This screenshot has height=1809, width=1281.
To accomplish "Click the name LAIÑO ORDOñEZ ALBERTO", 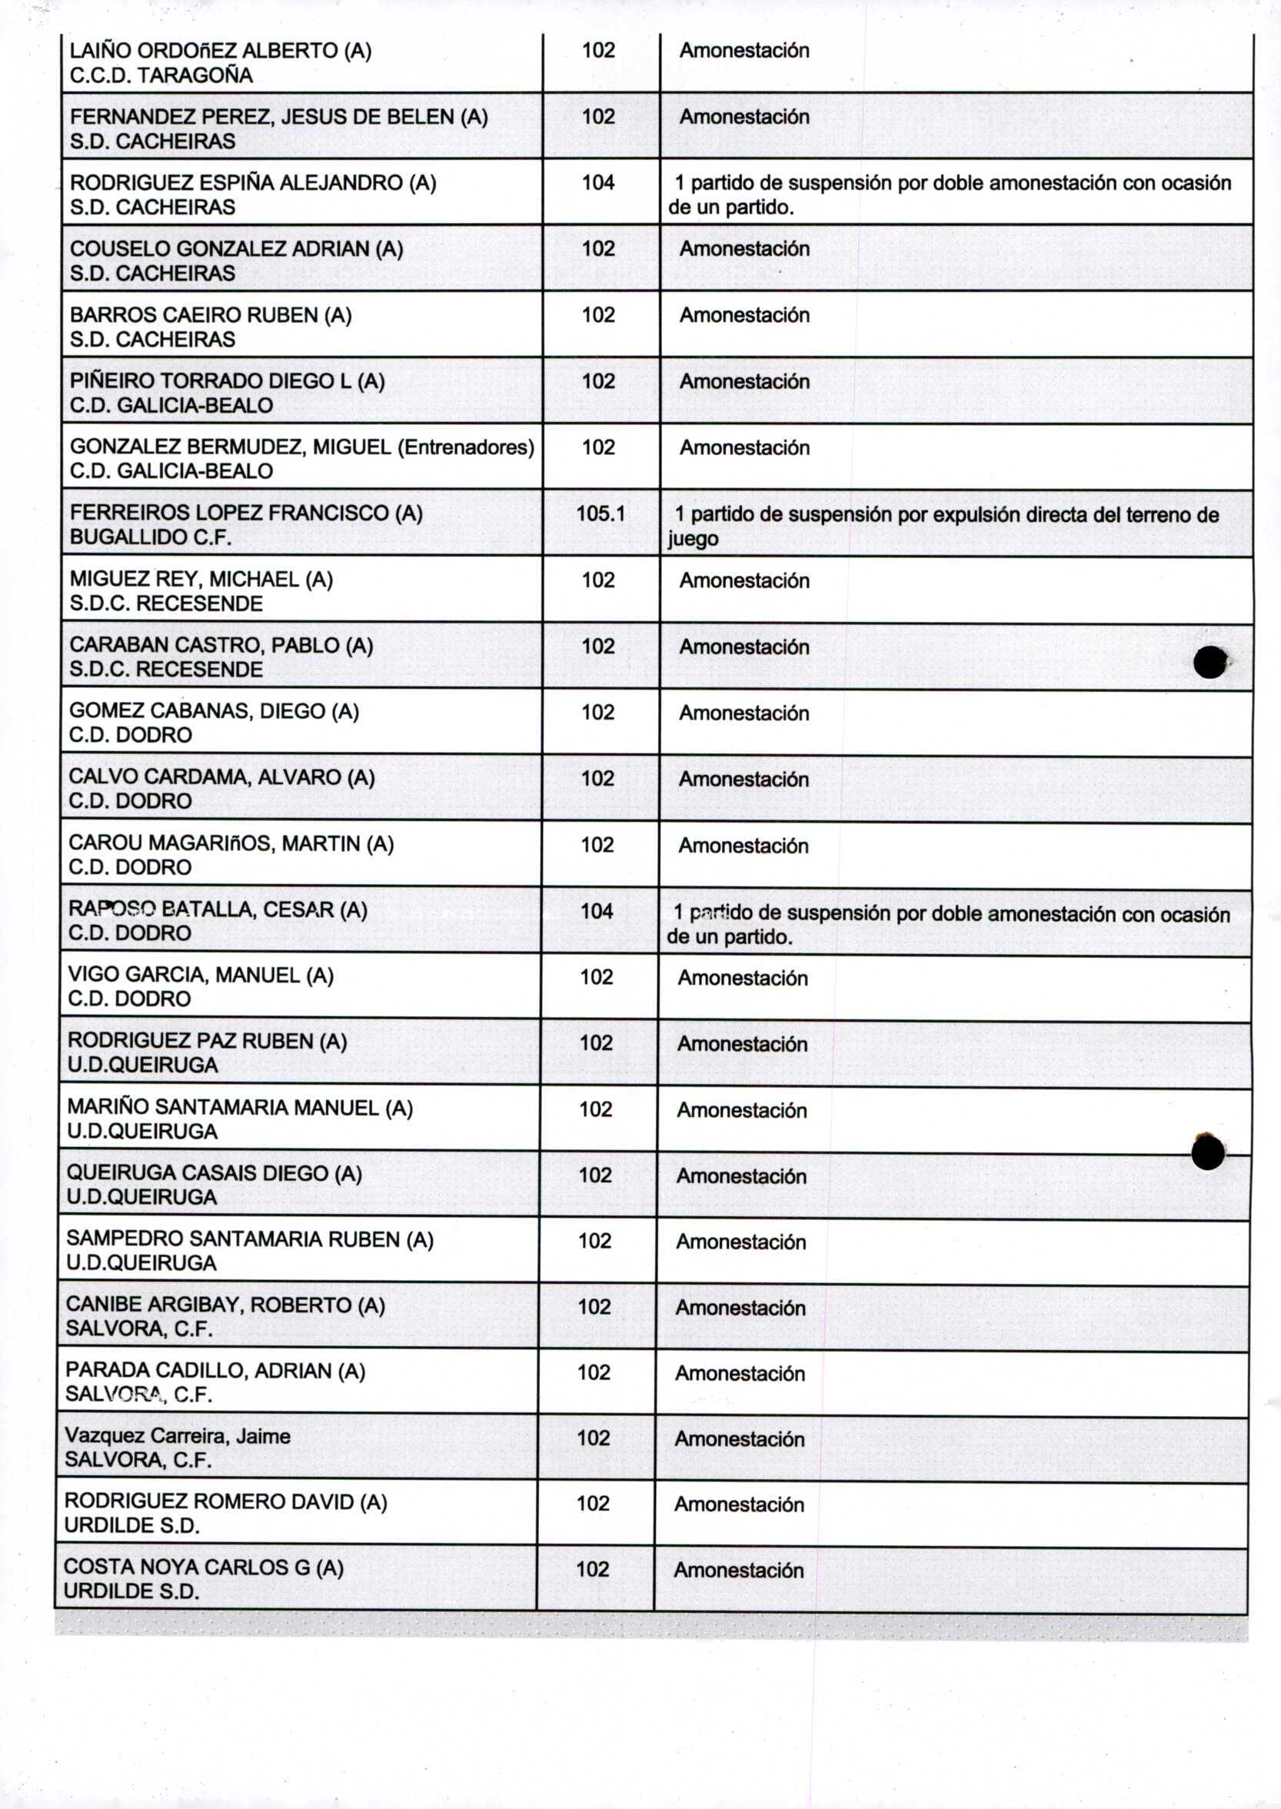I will click(x=220, y=51).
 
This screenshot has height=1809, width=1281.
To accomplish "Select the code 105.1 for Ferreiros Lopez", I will click(x=601, y=514).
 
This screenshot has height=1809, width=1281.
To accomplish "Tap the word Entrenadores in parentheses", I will click(x=465, y=447).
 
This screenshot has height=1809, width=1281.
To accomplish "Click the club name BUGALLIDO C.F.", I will click(x=151, y=538).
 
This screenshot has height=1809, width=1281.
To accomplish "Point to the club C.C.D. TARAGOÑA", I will click(x=161, y=75).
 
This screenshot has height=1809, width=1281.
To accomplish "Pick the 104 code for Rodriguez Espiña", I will click(x=598, y=183).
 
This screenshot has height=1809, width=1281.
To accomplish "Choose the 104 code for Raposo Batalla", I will click(x=597, y=912).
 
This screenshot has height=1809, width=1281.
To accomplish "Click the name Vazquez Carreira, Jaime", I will click(x=178, y=1436).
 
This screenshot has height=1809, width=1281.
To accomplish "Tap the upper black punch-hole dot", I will click(x=1209, y=663).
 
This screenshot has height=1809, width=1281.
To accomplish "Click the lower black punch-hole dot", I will click(x=1208, y=1154).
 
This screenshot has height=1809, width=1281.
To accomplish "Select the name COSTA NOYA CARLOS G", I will click(x=204, y=1568).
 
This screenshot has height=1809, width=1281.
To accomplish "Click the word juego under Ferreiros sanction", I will click(x=693, y=540).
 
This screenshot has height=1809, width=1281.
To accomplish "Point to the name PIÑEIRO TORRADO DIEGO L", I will click(x=227, y=381).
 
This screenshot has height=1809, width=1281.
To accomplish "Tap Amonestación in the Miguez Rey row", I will click(x=744, y=581).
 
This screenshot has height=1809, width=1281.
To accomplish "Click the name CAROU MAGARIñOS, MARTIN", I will click(x=231, y=844).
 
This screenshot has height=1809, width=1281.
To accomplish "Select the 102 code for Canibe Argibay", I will click(x=594, y=1308).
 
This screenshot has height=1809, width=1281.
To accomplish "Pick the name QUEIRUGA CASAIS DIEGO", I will click(x=215, y=1173).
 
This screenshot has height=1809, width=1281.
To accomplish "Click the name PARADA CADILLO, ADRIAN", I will click(x=215, y=1372).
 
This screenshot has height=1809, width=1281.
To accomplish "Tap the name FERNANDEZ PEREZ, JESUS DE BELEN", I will click(x=278, y=117).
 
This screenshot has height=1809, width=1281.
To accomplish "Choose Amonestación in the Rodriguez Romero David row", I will click(x=738, y=1505).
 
